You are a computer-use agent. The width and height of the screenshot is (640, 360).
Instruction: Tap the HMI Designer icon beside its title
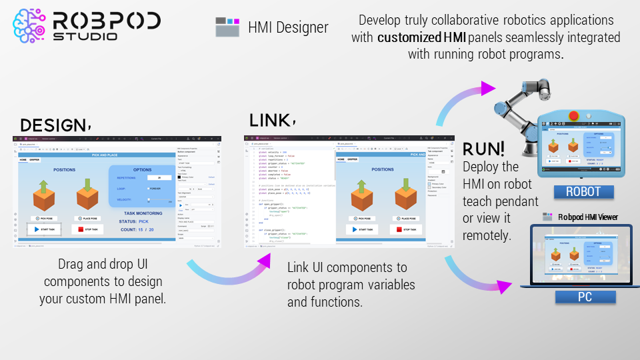tap(227, 27)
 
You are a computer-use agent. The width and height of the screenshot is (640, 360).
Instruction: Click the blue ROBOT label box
tap(583, 192)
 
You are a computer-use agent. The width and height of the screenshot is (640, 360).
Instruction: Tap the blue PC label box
tap(583, 298)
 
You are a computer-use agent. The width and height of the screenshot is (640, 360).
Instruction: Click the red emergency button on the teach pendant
tap(573, 115)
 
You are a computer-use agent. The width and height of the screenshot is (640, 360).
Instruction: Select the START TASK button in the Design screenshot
tap(44, 229)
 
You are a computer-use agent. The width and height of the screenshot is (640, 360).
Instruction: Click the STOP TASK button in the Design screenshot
tap(88, 229)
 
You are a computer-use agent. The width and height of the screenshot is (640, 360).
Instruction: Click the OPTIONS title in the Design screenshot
tap(142, 170)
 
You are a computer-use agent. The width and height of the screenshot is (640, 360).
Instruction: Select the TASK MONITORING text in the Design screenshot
tap(143, 213)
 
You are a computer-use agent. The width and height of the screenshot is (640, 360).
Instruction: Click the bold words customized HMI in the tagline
tap(421, 37)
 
